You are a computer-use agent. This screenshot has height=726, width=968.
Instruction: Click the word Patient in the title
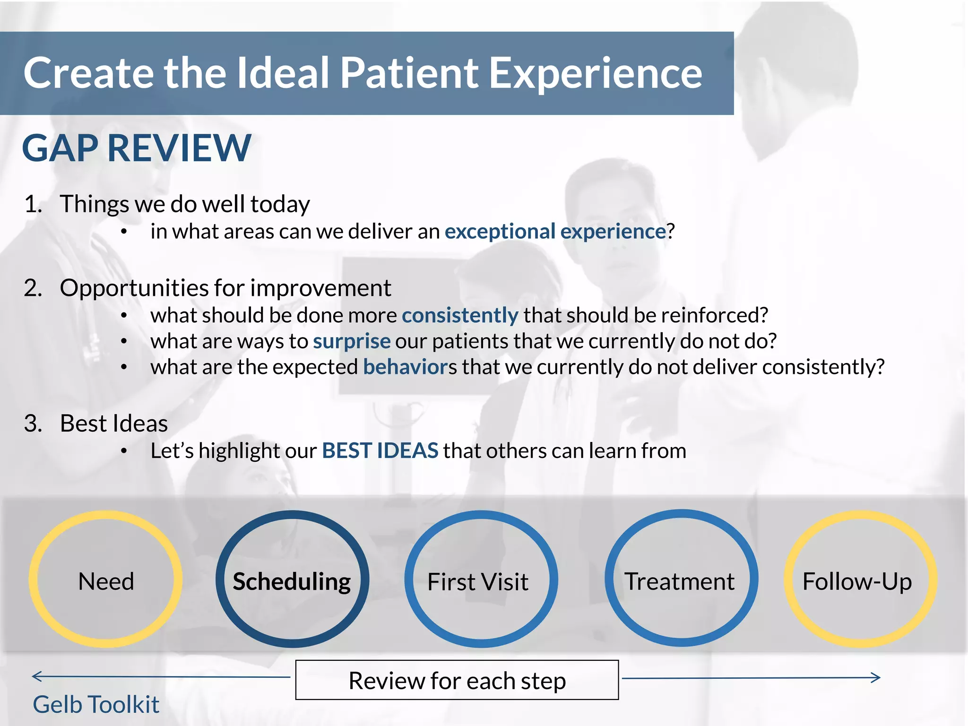coord(409,73)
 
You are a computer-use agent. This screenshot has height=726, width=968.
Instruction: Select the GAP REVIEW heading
coord(137,148)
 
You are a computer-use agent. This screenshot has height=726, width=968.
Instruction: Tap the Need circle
coord(106,579)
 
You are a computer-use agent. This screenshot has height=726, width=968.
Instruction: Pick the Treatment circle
coord(681,579)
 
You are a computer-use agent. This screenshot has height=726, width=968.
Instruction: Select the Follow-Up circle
coord(858,579)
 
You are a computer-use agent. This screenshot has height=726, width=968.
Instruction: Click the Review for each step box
coord(457,680)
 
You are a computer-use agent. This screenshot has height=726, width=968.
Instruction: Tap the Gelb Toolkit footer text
coord(96,704)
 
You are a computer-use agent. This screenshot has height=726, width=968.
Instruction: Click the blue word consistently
coord(460,315)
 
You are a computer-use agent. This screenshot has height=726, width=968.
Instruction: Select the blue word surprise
coord(352,341)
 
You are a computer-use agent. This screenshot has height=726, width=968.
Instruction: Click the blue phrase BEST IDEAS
coord(380,450)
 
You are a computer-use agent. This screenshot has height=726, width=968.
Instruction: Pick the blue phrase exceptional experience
coord(555,232)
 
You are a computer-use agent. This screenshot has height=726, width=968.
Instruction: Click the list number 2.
coord(33,288)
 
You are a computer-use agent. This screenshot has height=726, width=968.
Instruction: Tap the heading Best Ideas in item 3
coord(114,423)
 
